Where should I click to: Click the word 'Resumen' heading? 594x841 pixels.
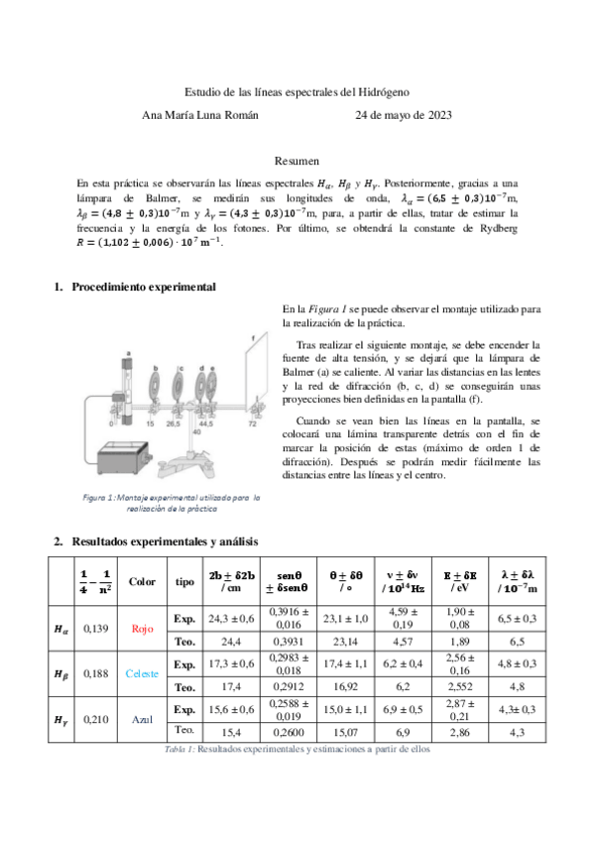(297, 160)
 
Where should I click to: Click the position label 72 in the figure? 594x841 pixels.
(253, 422)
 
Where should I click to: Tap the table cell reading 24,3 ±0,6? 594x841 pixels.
(231, 617)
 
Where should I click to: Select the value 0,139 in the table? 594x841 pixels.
(96, 628)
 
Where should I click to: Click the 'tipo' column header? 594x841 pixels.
(184, 581)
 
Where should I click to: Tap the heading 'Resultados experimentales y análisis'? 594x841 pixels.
(165, 541)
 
